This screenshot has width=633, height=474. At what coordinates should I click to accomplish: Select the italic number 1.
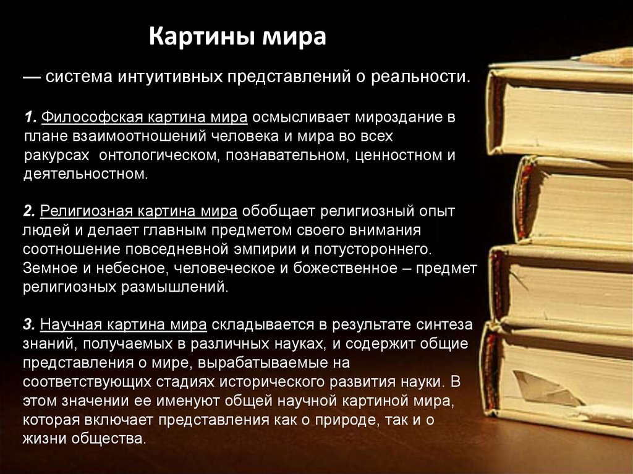pos(30,117)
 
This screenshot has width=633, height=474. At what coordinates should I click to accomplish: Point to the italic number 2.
pos(29,211)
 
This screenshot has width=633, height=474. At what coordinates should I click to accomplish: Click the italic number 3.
pos(29,324)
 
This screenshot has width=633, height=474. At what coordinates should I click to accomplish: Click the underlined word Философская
pos(92,117)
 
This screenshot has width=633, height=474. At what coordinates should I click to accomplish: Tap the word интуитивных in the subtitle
pos(171,77)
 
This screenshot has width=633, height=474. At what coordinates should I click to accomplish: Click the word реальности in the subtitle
pos(420,77)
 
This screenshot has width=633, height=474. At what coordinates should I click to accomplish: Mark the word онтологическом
pos(159,155)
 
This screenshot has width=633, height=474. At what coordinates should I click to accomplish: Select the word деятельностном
pos(85,174)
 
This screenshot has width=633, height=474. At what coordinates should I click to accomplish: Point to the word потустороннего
pos(373,250)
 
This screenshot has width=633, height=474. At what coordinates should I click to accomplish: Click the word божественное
pos(345,268)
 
